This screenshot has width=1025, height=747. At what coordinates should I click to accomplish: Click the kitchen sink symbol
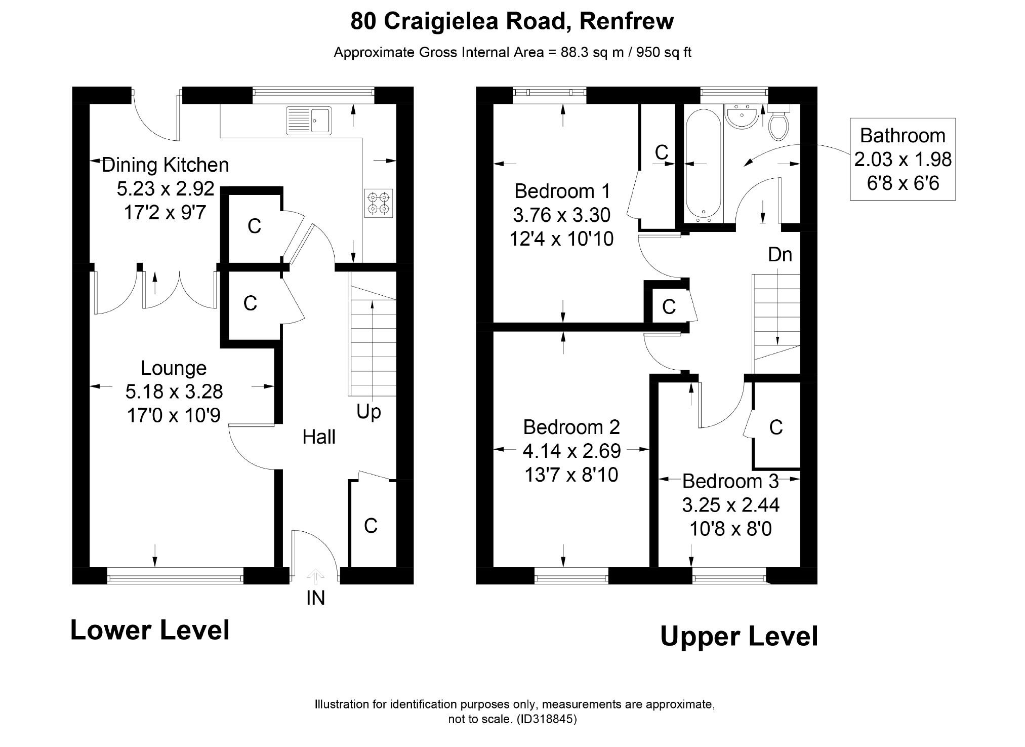(x=308, y=121)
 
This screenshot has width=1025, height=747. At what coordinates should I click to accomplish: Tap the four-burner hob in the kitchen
(x=379, y=203)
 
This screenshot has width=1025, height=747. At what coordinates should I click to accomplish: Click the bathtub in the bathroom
(x=703, y=166)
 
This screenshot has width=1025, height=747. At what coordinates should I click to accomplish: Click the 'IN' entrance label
(x=315, y=599)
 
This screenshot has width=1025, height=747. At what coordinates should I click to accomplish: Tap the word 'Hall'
(x=319, y=437)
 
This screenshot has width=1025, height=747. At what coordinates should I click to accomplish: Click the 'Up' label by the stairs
(x=368, y=412)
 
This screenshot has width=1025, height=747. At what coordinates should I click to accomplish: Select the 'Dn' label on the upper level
(x=780, y=255)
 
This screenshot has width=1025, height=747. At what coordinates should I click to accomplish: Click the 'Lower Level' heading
(x=150, y=631)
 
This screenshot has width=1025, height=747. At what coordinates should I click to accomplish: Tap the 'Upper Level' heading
(x=739, y=637)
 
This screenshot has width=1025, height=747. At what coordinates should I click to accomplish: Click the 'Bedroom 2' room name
(x=571, y=427)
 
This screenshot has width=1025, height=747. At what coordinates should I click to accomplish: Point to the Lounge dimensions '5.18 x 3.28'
(x=174, y=391)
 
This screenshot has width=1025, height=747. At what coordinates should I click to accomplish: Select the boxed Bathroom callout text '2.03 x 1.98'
(x=903, y=160)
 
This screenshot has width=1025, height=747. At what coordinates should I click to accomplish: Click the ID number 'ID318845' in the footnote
(x=547, y=719)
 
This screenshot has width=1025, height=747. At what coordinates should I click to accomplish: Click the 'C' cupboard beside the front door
(x=371, y=526)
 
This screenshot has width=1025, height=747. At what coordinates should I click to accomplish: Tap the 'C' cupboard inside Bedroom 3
(x=775, y=427)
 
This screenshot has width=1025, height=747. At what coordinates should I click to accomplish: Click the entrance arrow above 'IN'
(x=315, y=576)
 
